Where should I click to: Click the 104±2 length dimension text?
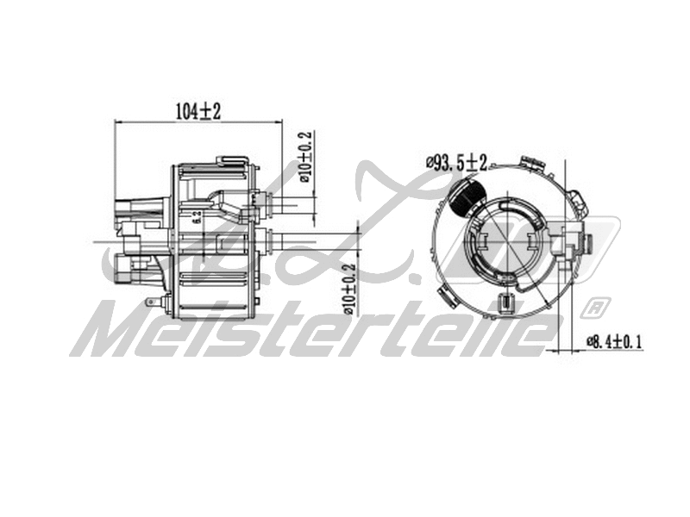(x=198, y=110)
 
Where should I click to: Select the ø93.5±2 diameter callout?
(x=456, y=161)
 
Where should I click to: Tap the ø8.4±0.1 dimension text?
(x=615, y=341)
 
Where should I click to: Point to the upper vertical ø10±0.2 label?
(x=304, y=157)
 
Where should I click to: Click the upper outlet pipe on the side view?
(x=289, y=204)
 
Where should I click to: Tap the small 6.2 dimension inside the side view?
(x=198, y=216)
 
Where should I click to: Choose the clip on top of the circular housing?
(x=530, y=163)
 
